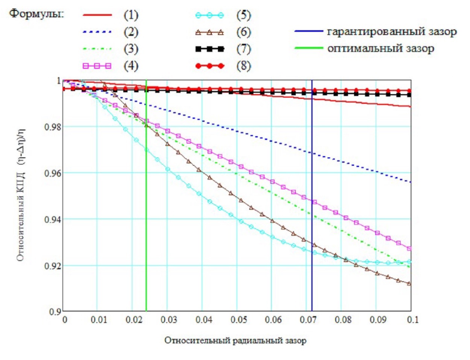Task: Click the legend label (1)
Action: click(x=131, y=15)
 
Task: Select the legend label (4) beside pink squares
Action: click(x=131, y=66)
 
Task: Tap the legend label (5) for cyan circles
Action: click(x=244, y=15)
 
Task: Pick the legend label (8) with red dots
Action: click(x=244, y=66)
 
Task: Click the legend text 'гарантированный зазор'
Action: click(x=392, y=32)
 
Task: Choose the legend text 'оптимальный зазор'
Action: click(x=381, y=49)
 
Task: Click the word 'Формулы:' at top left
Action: click(x=37, y=14)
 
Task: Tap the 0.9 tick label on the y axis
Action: click(x=55, y=312)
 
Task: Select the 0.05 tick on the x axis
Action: click(x=239, y=320)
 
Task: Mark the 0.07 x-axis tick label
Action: click(x=308, y=320)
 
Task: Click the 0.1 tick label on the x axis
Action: click(x=412, y=320)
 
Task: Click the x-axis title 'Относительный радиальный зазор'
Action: click(x=235, y=340)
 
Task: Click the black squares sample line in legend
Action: click(x=209, y=49)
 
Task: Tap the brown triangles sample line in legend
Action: click(x=209, y=32)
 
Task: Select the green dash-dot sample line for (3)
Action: click(x=97, y=49)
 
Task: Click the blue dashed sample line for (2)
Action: click(x=97, y=32)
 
